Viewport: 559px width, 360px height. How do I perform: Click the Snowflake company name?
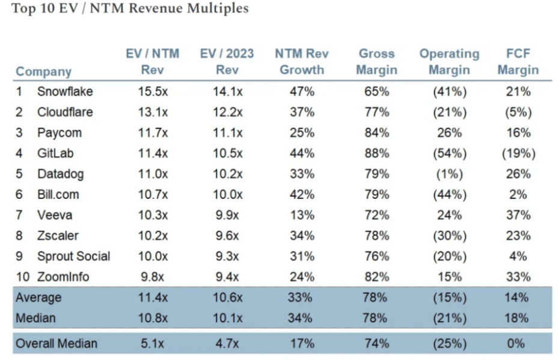[x=65, y=92]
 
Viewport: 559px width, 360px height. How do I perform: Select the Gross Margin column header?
[x=376, y=62]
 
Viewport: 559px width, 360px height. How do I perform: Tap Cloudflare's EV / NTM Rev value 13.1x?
[x=152, y=112]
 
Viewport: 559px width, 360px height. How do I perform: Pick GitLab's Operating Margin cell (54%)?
[x=449, y=153]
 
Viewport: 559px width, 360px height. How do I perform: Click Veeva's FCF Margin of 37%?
[x=518, y=215]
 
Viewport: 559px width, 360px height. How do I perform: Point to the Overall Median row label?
[x=57, y=344]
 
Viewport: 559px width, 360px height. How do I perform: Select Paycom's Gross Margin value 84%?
[x=376, y=133]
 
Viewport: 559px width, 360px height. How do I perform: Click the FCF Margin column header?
[x=518, y=62]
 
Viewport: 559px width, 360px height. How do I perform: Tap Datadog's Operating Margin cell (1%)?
[x=449, y=174]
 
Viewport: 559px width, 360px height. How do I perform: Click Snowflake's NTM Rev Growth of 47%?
[x=302, y=92]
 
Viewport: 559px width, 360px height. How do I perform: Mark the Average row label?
[x=38, y=297]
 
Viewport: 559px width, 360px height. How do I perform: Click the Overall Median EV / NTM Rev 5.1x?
[x=152, y=344]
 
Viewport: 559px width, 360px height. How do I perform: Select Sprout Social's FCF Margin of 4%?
[x=518, y=256]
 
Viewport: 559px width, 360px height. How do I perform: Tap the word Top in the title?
[x=22, y=9]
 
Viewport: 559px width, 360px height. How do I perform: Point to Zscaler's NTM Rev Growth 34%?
[x=302, y=236]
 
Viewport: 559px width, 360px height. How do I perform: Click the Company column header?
[x=43, y=72]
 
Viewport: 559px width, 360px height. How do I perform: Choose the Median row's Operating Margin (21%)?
[x=449, y=318]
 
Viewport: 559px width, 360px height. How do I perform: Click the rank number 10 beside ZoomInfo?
[x=22, y=277]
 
